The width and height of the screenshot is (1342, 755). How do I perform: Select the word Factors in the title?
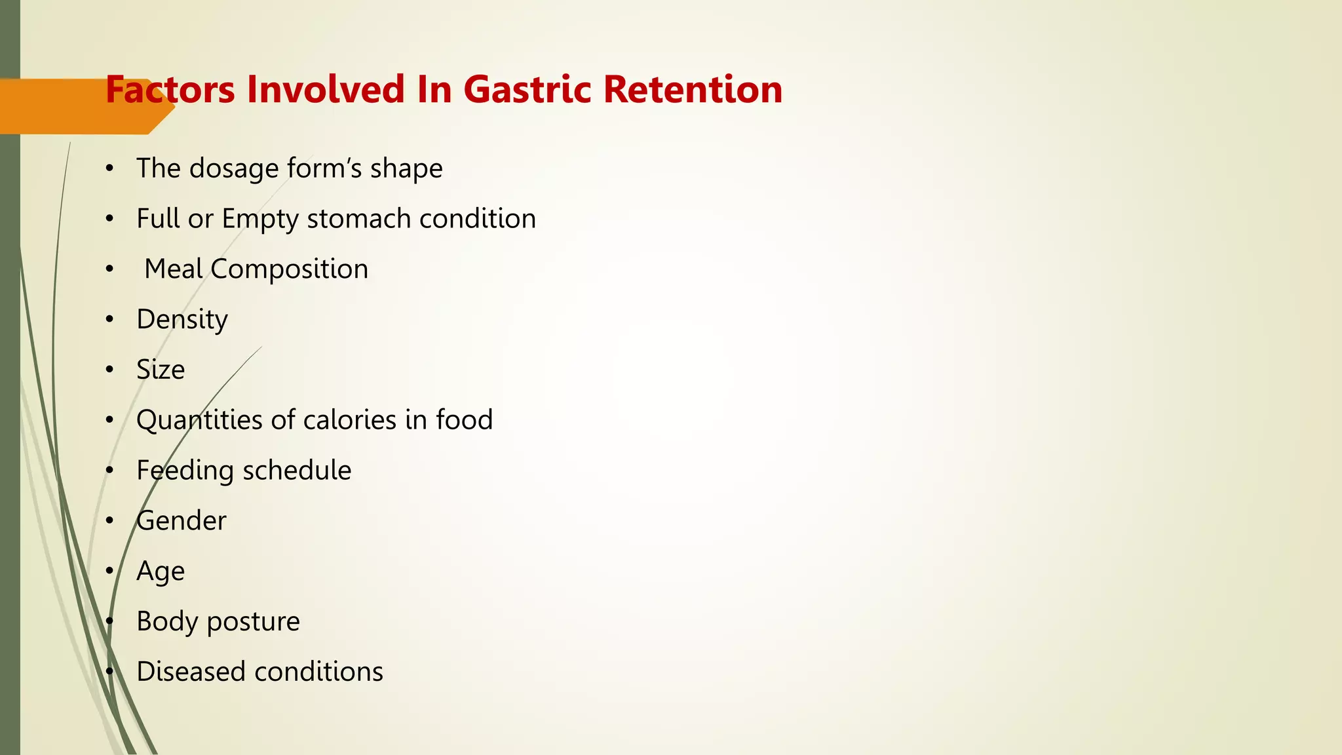coord(170,90)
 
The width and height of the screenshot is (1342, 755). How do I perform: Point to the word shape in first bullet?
coord(406,169)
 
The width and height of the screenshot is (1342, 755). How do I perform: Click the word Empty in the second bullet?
coord(260,220)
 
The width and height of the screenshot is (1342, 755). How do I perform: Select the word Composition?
coord(289,269)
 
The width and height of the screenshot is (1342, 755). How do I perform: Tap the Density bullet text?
coord(182,320)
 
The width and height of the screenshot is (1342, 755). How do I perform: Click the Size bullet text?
coord(161,370)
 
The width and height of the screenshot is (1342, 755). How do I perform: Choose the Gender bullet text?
coord(182,521)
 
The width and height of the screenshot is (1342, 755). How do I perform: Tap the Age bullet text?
coord(161,571)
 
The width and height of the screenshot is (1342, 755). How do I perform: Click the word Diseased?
coord(191,672)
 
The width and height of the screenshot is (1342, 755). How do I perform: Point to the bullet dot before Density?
coord(110,320)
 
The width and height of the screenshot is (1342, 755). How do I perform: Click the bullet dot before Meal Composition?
coord(110,269)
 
